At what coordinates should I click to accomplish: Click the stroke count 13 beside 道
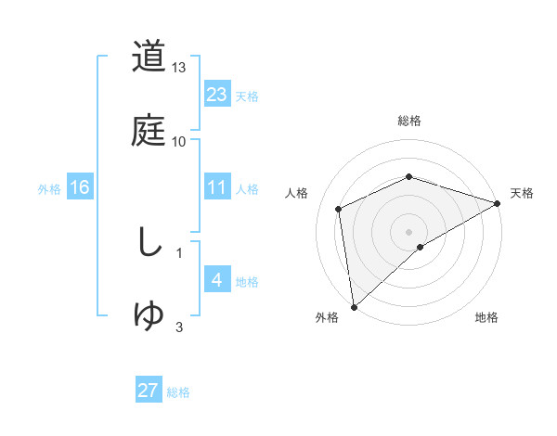(179, 68)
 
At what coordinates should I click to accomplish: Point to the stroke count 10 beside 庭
(179, 141)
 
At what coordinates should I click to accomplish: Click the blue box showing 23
(217, 95)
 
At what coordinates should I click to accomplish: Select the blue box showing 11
(217, 187)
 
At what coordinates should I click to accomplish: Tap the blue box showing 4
(217, 280)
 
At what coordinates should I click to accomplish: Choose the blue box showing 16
(80, 187)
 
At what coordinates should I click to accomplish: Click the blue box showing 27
(149, 391)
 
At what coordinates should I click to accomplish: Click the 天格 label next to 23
(247, 96)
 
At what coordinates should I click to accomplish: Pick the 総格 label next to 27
(178, 392)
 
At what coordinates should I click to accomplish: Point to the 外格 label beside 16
(49, 188)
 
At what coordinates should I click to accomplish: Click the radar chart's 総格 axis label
(409, 121)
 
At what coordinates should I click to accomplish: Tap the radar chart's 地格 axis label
(486, 317)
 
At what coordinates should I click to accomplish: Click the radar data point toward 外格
(353, 307)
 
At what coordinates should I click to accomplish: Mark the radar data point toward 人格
(339, 209)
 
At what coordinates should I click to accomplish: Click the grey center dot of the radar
(409, 231)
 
